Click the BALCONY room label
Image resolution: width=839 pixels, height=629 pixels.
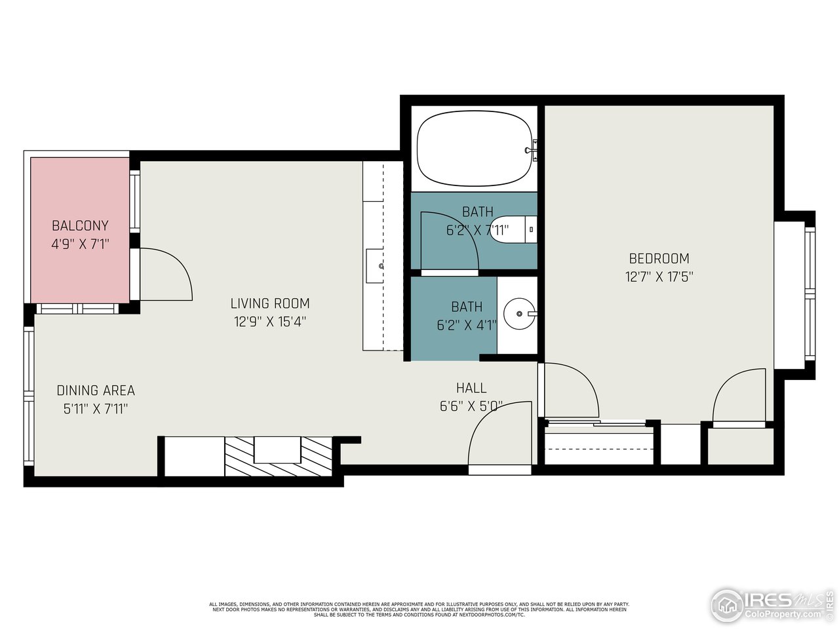point(80,225)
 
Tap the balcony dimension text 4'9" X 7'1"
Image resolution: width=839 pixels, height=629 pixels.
point(80,244)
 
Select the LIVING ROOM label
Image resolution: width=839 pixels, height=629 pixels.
point(269,303)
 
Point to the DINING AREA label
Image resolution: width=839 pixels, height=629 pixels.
point(96,391)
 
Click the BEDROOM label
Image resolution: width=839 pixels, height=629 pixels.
point(659,258)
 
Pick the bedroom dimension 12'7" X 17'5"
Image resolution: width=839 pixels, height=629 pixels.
point(659,276)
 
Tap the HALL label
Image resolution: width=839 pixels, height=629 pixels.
point(471,388)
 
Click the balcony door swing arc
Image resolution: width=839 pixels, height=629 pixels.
point(167,274)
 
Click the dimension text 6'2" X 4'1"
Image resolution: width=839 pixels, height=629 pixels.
point(467,324)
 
